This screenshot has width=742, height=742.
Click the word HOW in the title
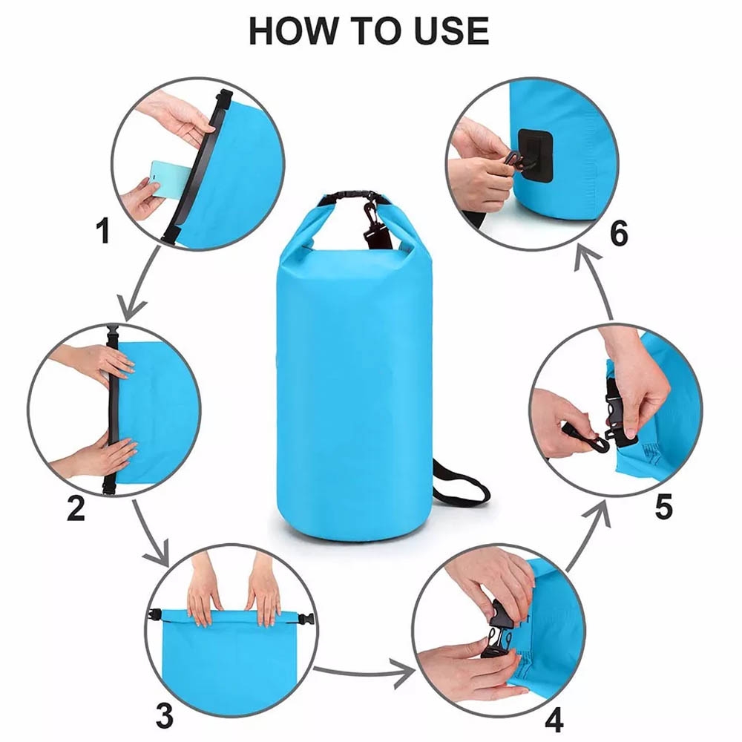click(x=293, y=31)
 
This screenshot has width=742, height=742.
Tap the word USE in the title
click(x=452, y=31)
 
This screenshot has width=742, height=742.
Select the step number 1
click(x=103, y=231)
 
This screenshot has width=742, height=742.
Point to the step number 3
click(x=164, y=715)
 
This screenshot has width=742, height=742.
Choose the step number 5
click(x=663, y=507)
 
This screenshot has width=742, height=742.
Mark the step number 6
click(x=620, y=233)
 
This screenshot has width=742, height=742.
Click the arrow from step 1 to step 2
click(x=139, y=284)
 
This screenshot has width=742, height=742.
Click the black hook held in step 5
click(x=586, y=439)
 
